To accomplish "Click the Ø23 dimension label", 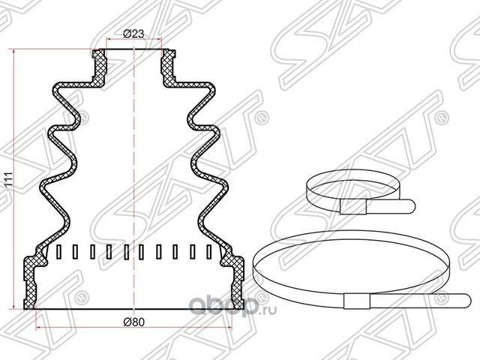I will [133, 33].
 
